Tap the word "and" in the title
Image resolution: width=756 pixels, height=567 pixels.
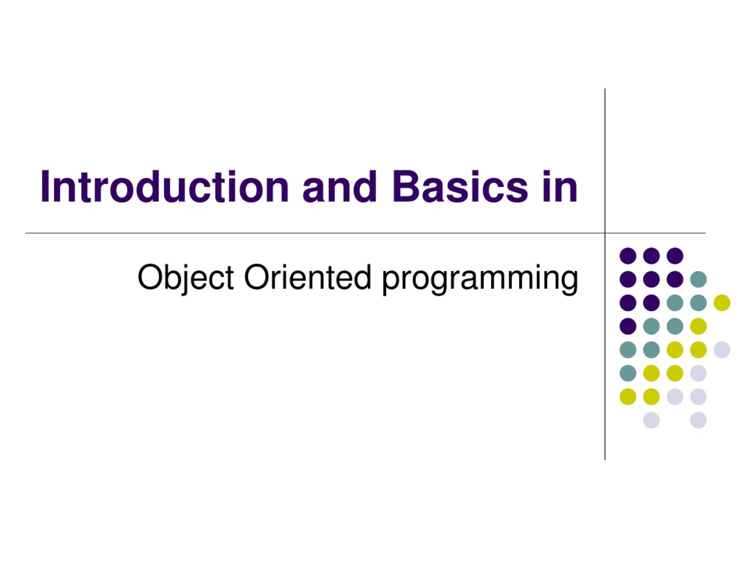click(340, 187)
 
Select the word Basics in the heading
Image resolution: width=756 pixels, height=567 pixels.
click(460, 187)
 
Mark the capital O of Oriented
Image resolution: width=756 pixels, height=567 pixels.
click(258, 277)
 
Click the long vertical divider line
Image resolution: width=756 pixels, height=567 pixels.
click(605, 274)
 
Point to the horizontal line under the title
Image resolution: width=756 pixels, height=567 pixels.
click(365, 233)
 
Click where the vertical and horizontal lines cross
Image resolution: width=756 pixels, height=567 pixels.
click(605, 233)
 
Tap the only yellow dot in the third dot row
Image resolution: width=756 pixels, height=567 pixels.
click(722, 303)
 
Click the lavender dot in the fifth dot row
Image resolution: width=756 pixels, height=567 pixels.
click(722, 350)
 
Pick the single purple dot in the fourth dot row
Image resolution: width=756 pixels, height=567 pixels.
click(628, 326)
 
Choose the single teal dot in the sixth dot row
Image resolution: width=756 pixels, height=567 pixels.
click(628, 373)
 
